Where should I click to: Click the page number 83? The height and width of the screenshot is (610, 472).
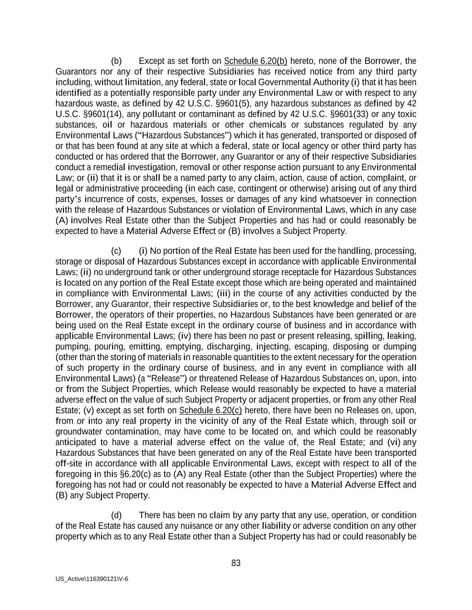coord(236,563)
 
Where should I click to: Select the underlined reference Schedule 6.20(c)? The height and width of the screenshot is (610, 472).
coord(210,410)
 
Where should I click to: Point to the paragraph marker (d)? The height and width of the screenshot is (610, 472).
coord(116,515)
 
